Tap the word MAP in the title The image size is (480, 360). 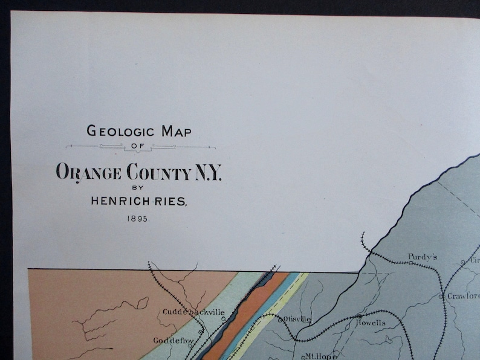(x=176, y=130)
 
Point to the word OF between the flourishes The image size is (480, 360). (x=140, y=146)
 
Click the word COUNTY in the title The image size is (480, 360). (x=158, y=173)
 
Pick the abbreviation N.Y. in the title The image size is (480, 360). (x=207, y=173)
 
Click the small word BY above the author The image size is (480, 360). (x=140, y=188)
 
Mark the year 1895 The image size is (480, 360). (x=140, y=219)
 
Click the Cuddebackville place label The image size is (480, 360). (x=193, y=312)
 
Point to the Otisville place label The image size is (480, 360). (x=297, y=318)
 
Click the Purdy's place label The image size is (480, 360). (x=422, y=256)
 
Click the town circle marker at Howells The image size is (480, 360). (x=359, y=316)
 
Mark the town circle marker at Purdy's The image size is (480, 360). (x=411, y=263)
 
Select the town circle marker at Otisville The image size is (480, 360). (x=280, y=319)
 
